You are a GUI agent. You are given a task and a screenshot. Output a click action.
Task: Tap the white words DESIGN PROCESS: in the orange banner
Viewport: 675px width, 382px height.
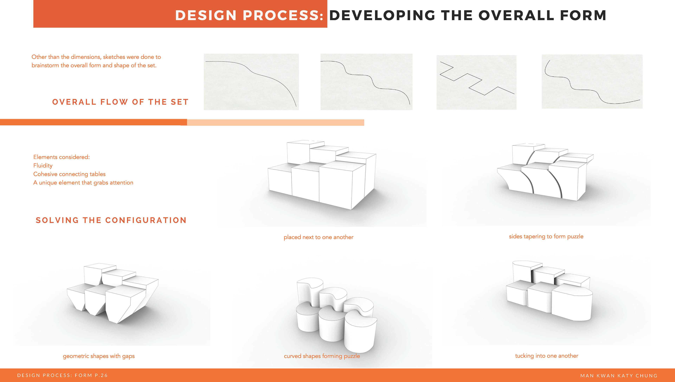tap(249, 15)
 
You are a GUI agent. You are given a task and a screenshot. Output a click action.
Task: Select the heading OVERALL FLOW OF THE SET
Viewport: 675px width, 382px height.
tap(120, 102)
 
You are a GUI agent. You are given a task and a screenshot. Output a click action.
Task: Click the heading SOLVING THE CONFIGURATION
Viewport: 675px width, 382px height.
tap(111, 220)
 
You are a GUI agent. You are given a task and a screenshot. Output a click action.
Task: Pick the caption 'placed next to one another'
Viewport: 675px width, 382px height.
tap(319, 237)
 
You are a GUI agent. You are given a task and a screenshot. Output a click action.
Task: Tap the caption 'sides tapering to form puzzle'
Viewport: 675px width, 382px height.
tap(546, 236)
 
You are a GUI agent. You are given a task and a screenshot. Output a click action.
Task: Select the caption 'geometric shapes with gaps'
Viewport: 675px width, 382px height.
tap(99, 356)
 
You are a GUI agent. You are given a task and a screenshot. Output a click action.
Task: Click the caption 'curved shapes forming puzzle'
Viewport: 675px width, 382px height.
tap(322, 356)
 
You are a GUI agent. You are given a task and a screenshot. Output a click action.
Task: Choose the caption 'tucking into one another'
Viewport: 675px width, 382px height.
tap(547, 356)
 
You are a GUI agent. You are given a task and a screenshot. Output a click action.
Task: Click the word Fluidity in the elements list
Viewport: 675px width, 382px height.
tap(43, 166)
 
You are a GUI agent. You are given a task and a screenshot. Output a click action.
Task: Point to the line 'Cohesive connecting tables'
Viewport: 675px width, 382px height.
tap(69, 174)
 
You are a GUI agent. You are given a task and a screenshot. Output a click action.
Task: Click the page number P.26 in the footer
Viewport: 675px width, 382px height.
tap(101, 375)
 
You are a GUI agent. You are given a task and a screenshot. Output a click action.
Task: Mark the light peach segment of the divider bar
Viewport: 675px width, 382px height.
tap(275, 123)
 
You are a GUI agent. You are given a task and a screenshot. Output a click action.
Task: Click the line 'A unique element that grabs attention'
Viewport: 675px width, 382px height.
tap(83, 183)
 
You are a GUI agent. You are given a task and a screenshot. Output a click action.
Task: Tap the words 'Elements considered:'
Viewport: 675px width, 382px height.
tap(61, 157)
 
